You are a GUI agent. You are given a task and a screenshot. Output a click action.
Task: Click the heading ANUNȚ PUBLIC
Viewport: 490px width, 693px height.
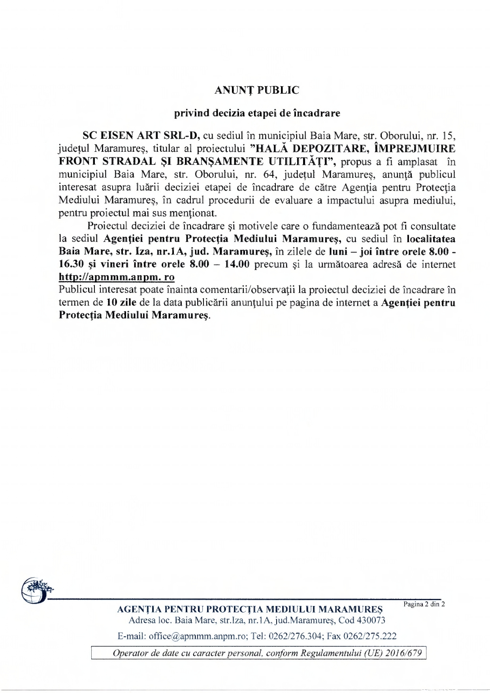[x=257, y=91]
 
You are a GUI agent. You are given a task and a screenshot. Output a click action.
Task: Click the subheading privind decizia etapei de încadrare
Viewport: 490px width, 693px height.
[x=257, y=113]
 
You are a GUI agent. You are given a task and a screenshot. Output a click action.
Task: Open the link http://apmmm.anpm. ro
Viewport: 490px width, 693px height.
[x=117, y=277]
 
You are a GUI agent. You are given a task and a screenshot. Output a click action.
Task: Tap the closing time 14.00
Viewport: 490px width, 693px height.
[x=236, y=264]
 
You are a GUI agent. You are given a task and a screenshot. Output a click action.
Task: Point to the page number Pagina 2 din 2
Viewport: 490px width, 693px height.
[x=424, y=604]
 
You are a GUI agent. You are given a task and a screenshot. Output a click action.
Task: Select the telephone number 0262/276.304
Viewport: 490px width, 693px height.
[x=297, y=636]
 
